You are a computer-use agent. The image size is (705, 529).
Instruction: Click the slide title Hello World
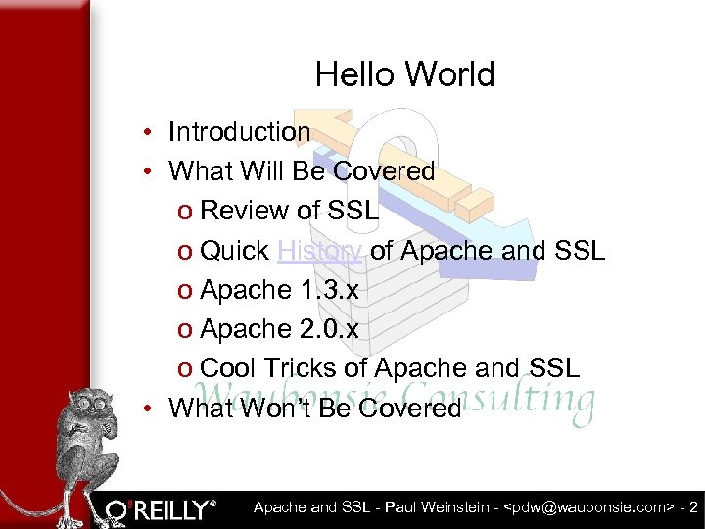pos(404,74)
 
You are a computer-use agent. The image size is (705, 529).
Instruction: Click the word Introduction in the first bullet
pos(239,132)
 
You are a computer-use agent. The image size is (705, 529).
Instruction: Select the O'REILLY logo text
pos(162,509)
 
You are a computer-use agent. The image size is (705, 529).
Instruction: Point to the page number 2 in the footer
pos(693,507)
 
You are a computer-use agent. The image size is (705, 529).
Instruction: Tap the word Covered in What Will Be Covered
pos(384,171)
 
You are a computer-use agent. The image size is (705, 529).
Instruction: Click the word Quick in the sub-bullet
pos(234,251)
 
